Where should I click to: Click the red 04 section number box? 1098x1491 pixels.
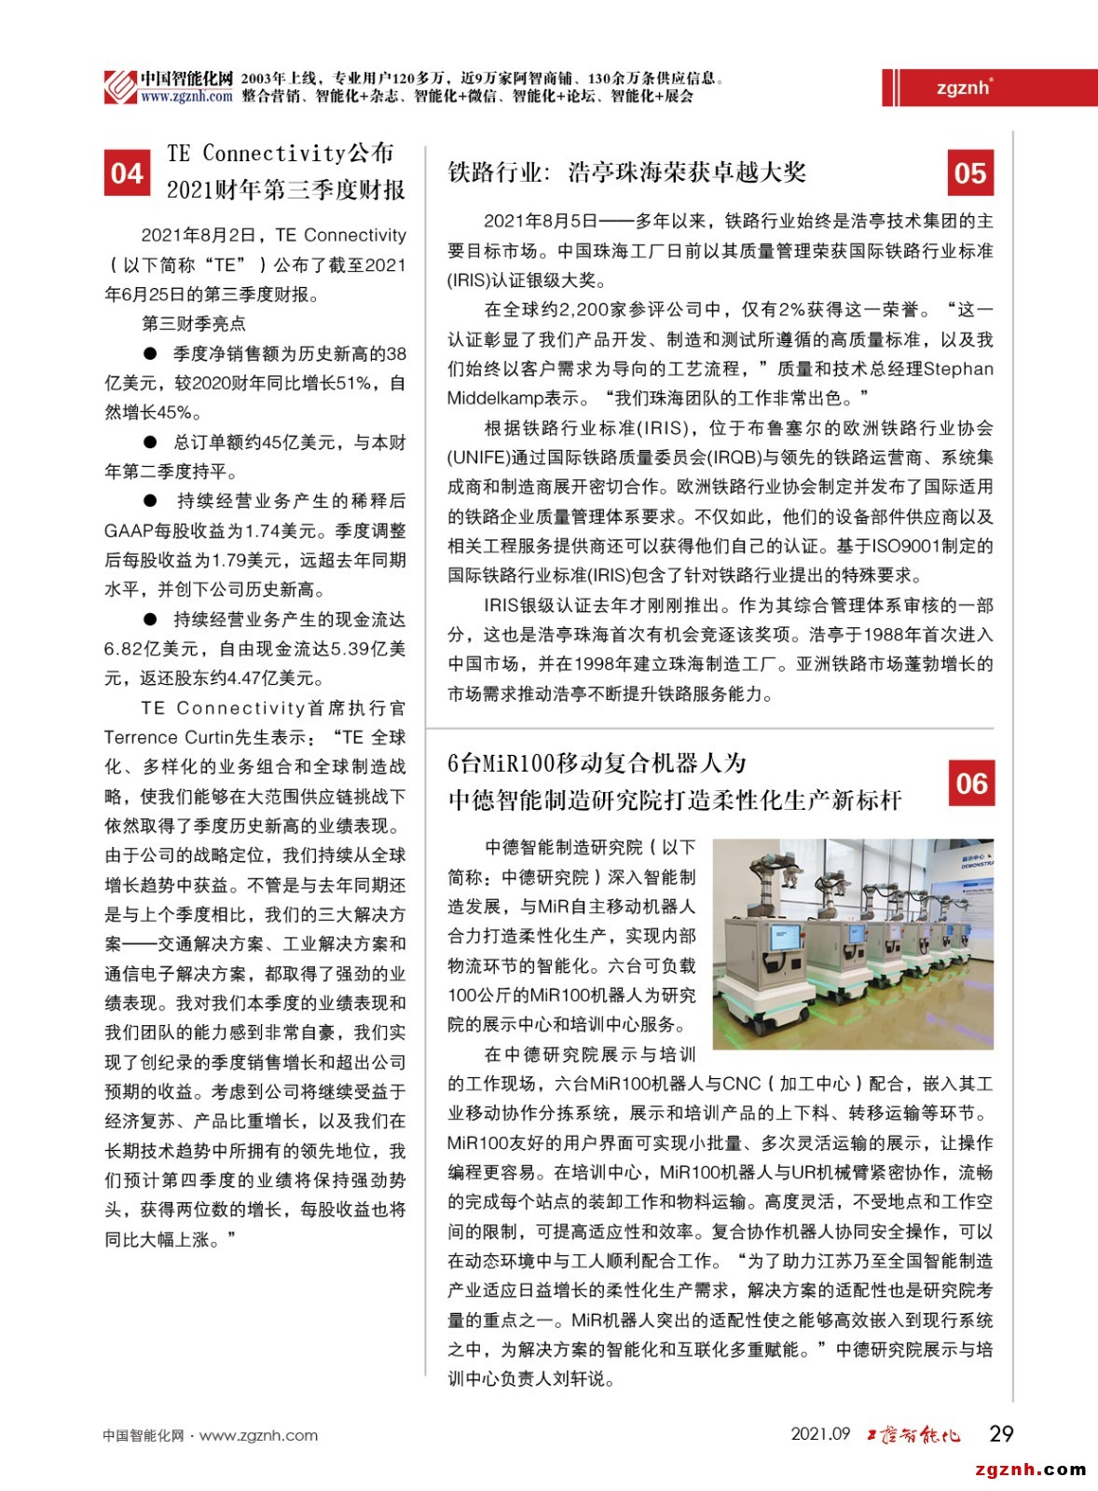(x=127, y=173)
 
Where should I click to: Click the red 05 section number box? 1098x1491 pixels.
(x=969, y=173)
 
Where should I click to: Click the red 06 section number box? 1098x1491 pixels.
(x=970, y=783)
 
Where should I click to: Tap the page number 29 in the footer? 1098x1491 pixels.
(x=1001, y=1433)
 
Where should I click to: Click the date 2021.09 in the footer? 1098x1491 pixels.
(x=820, y=1433)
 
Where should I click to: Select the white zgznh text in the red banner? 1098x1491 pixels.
(x=964, y=88)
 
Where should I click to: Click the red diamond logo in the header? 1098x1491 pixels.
(x=120, y=87)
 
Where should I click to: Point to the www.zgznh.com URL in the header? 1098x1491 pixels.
(x=186, y=96)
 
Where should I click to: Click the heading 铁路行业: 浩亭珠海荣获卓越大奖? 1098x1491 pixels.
(x=626, y=172)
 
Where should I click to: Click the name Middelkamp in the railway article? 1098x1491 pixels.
(x=494, y=398)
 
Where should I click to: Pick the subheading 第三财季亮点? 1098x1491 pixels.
(x=193, y=323)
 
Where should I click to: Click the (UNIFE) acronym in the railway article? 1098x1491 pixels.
(x=478, y=457)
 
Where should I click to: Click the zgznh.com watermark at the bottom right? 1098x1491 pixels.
(x=1030, y=1470)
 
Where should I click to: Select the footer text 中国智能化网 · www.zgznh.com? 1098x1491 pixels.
(x=210, y=1435)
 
